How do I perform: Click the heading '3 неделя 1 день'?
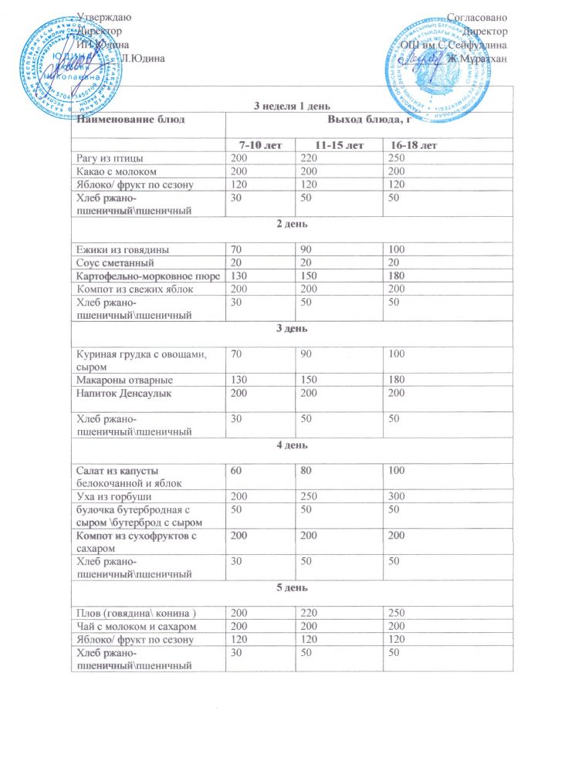[292, 105]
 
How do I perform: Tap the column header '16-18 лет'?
[414, 145]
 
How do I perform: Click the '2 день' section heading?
[292, 224]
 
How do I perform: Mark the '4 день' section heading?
[292, 445]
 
